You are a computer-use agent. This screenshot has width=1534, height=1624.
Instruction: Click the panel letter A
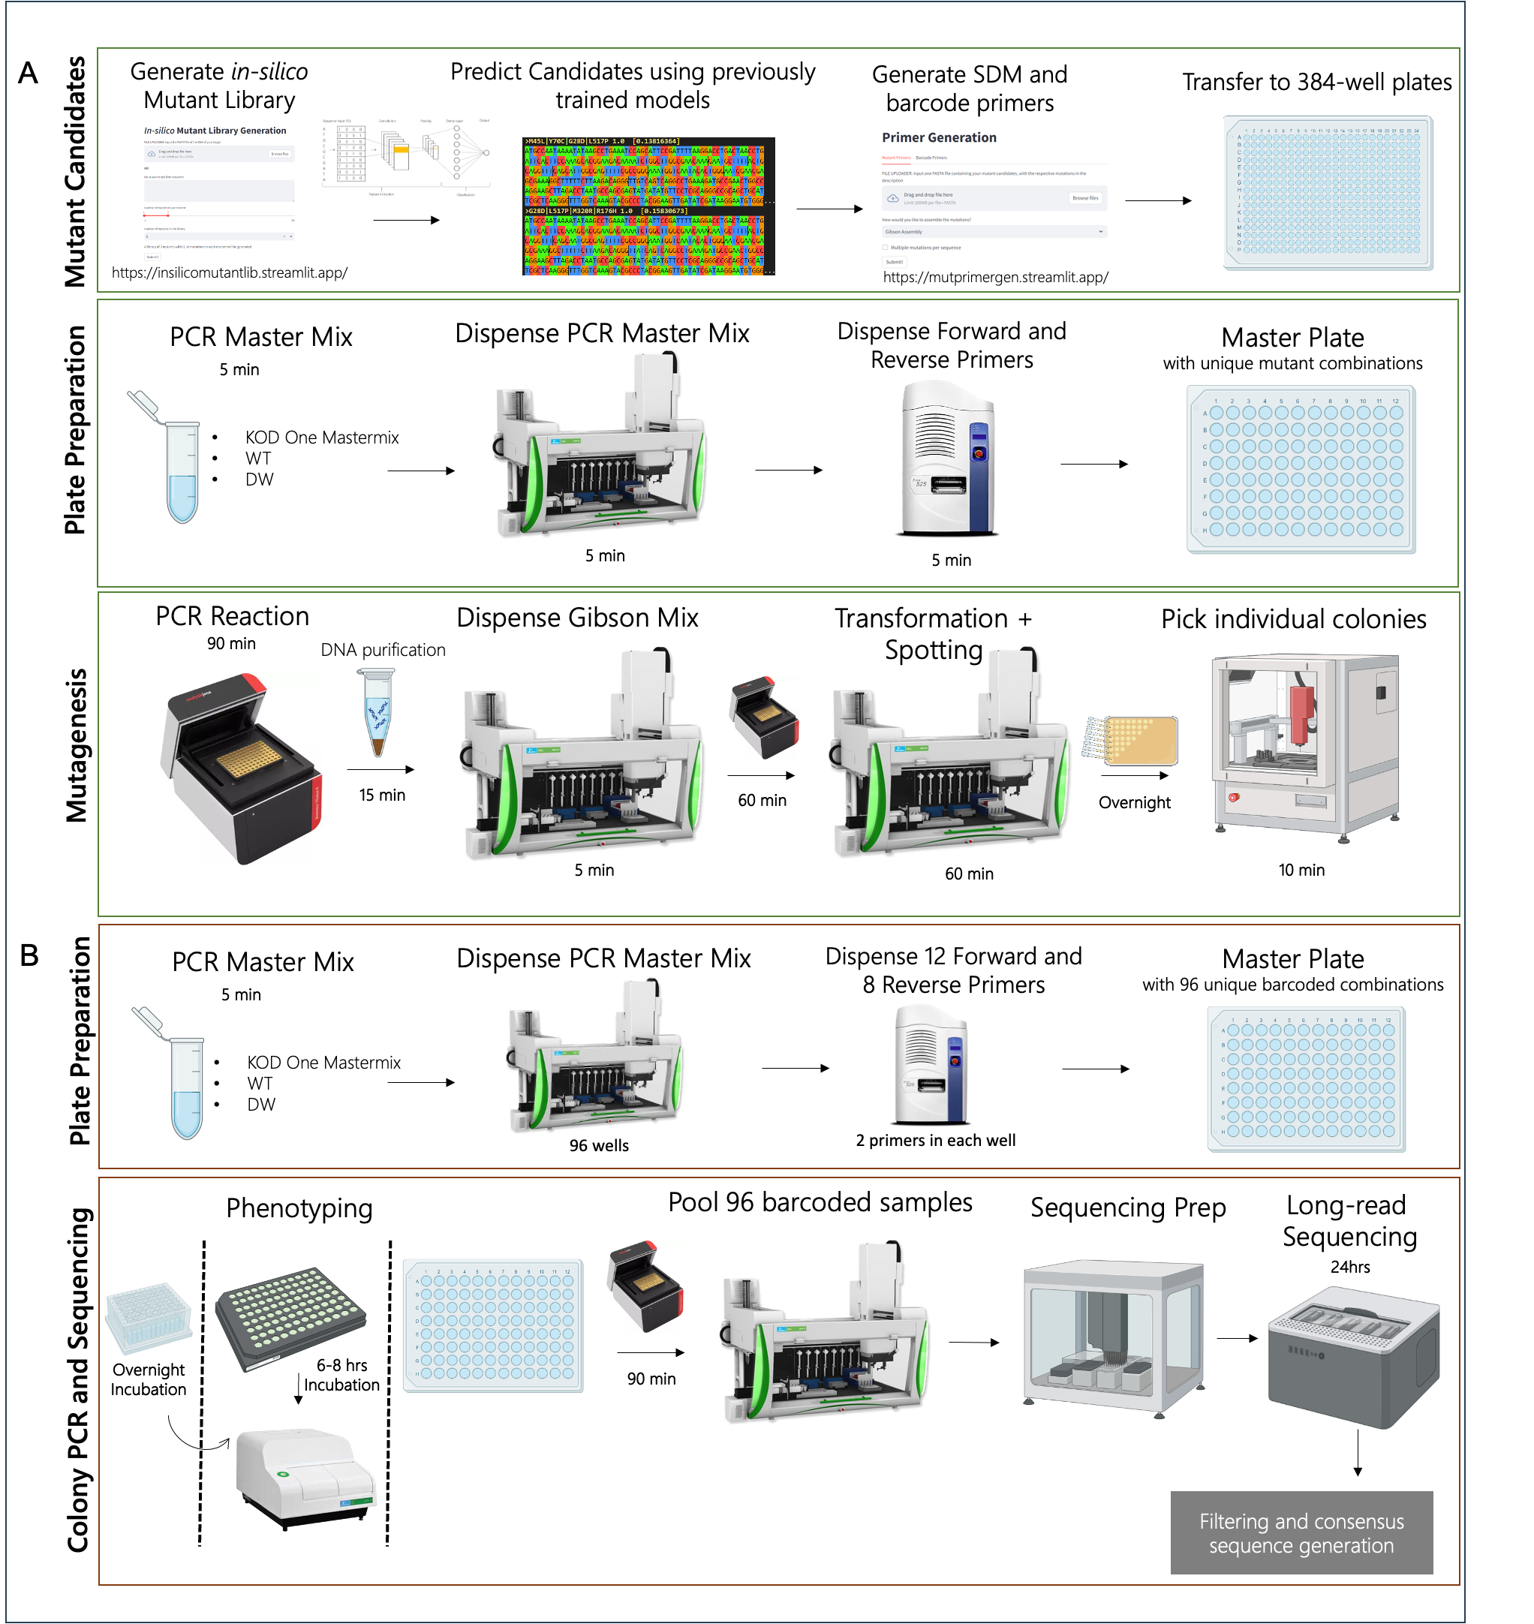coord(28,74)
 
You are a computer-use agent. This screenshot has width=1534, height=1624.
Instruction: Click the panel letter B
coord(29,955)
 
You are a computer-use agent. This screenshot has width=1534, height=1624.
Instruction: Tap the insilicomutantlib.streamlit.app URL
coord(229,273)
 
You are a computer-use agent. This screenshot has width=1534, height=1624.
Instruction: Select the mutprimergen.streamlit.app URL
coord(995,277)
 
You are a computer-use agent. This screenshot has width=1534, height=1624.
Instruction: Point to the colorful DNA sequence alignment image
coord(648,206)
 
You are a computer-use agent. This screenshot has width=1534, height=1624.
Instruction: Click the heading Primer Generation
coord(939,137)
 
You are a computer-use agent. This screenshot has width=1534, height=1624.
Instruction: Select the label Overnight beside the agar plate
coord(1134,802)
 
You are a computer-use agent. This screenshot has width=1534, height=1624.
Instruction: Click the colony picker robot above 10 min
coord(1304,744)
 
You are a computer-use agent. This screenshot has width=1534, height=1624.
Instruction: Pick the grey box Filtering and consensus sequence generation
coord(1301,1533)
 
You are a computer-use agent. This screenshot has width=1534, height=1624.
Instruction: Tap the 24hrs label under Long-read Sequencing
coord(1350,1267)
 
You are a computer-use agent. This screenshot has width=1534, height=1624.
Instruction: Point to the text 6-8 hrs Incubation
coord(341,1375)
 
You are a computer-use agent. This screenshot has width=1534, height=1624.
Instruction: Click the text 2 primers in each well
coord(935,1140)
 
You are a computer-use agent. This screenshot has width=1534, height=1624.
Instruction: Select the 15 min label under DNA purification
coord(382,795)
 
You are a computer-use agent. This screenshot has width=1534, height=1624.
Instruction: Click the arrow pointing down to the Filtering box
coord(1358,1452)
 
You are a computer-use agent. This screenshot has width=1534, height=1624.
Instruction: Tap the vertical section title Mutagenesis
coord(77,745)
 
